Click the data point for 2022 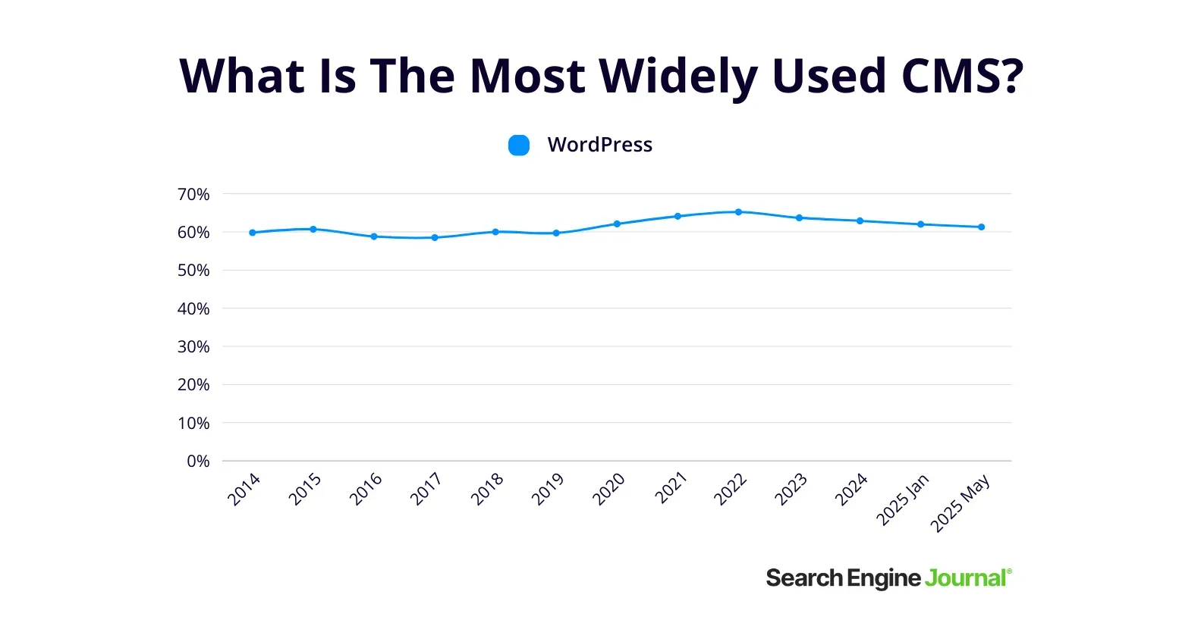click(x=738, y=212)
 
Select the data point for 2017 click(x=435, y=238)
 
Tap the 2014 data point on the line click(x=253, y=233)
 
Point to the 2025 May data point click(x=981, y=227)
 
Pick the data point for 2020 click(x=617, y=224)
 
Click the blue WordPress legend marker click(x=519, y=145)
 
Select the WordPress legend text click(x=599, y=145)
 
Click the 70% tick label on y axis click(x=193, y=195)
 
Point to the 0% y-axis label click(x=198, y=461)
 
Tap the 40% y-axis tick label click(x=193, y=308)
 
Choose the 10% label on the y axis click(x=193, y=423)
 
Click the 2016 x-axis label click(x=366, y=489)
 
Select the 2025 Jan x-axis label click(x=903, y=499)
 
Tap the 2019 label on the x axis click(x=548, y=489)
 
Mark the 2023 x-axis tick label click(x=791, y=489)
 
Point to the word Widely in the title click(x=678, y=77)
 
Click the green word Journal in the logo click(x=966, y=578)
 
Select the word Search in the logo click(x=804, y=578)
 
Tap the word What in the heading click(x=242, y=77)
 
